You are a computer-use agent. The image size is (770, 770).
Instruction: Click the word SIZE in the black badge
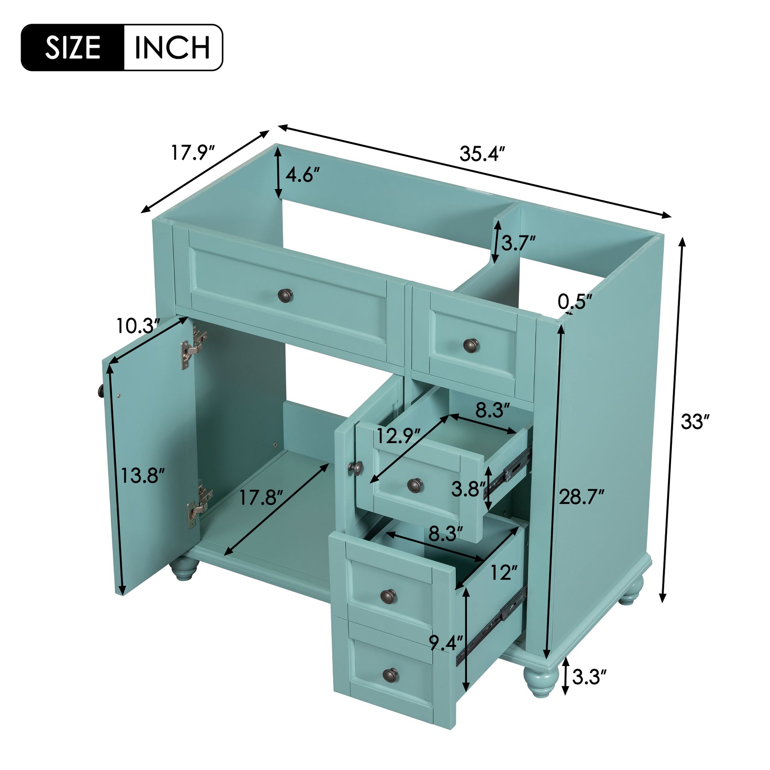point(72,47)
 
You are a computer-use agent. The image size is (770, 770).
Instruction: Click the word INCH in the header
point(172,47)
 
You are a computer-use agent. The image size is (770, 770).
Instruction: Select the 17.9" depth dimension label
point(193,152)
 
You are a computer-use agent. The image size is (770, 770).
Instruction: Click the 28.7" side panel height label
point(582,497)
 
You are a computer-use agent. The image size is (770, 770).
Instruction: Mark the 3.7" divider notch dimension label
point(518,242)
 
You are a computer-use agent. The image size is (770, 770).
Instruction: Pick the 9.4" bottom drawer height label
point(446,643)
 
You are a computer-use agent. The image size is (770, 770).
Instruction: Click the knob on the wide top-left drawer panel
point(285,294)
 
